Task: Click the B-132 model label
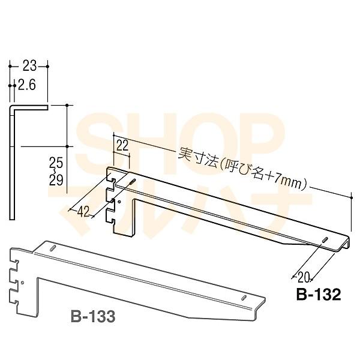[x=318, y=294]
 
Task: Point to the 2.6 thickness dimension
[x=28, y=86]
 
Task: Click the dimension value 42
[x=83, y=211]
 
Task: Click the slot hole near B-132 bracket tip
[x=325, y=239]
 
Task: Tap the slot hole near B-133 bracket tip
[x=244, y=298]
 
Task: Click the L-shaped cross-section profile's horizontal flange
[x=29, y=108]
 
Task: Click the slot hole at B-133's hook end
[x=53, y=248]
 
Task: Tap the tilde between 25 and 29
[x=56, y=170]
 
